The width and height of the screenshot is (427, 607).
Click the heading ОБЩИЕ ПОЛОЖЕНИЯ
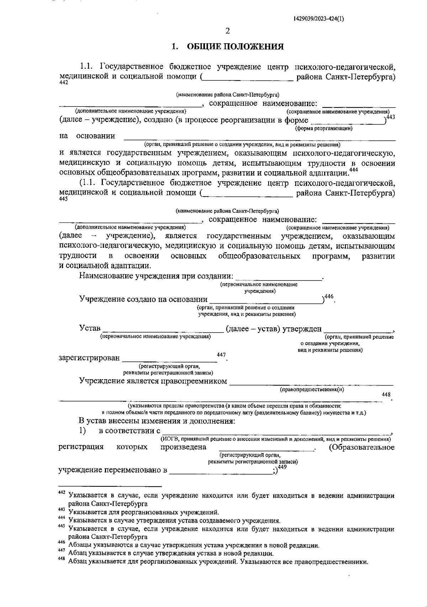click(x=235, y=47)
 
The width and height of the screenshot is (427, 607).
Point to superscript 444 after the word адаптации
click(x=353, y=170)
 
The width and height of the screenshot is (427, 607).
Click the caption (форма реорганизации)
click(x=324, y=129)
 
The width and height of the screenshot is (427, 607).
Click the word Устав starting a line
click(x=90, y=328)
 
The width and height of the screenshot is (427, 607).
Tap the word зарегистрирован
click(x=89, y=358)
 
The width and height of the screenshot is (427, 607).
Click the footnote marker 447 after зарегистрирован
click(x=221, y=355)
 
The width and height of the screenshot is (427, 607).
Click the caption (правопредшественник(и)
click(x=312, y=389)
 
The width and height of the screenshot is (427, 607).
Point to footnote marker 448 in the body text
click(x=386, y=395)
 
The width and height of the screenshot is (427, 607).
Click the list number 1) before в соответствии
click(x=82, y=430)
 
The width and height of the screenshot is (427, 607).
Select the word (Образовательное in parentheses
click(x=362, y=447)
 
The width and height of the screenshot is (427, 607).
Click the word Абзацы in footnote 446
click(x=80, y=545)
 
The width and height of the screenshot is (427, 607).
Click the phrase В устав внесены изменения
click(x=157, y=421)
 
